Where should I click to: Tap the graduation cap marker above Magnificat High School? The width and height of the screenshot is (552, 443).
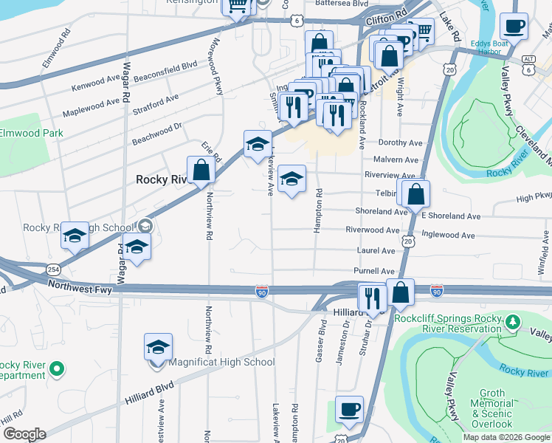[158, 347]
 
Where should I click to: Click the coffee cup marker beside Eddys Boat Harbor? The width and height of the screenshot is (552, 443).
[514, 27]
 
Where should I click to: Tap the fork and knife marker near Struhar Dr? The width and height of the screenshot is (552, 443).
[371, 298]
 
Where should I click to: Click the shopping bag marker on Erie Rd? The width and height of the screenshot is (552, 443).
[201, 171]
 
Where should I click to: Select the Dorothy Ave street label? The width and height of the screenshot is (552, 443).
[400, 142]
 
